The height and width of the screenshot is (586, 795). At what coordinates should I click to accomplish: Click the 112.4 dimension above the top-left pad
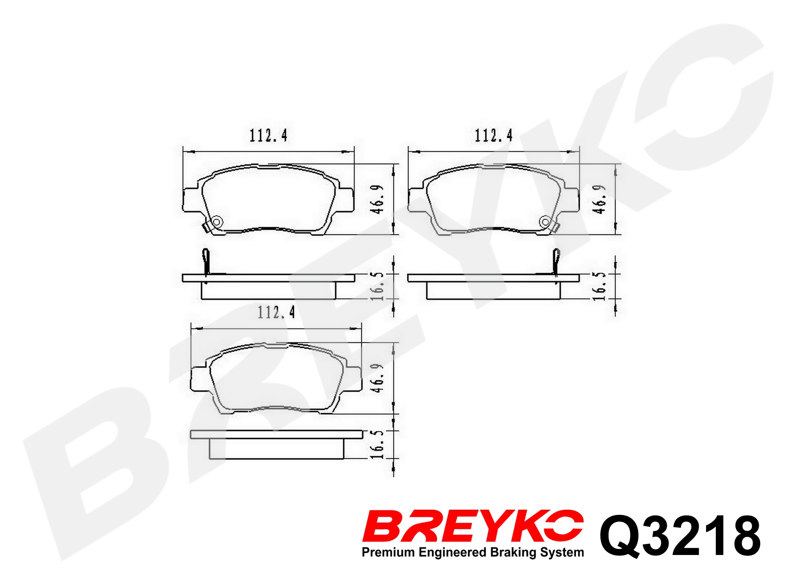click(x=268, y=135)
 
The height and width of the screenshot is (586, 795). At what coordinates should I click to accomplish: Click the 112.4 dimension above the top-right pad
click(x=493, y=135)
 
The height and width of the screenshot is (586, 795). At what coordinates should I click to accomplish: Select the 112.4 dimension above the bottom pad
click(x=276, y=313)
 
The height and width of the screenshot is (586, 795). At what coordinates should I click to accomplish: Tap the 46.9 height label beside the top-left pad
click(x=377, y=199)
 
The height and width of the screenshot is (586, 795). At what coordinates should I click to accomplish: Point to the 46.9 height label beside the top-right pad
click(x=599, y=199)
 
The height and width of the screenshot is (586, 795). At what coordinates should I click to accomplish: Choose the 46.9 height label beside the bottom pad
click(x=377, y=378)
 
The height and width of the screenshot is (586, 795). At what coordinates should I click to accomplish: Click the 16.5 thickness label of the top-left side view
click(x=377, y=286)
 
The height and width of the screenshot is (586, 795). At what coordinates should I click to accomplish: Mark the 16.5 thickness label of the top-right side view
click(x=599, y=286)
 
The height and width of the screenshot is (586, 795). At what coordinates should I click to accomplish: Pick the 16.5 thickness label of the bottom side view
click(x=377, y=444)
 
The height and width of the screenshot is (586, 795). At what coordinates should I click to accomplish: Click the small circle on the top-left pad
click(x=217, y=222)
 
